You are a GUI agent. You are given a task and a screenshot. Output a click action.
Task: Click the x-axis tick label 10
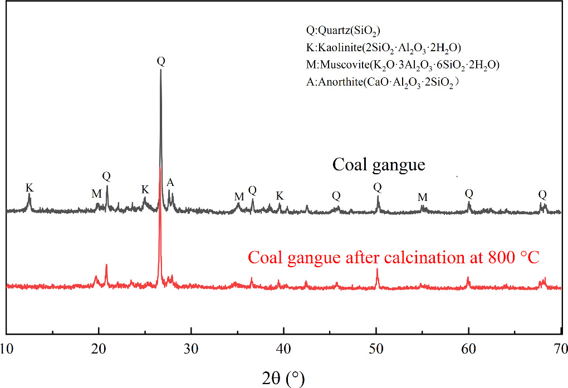(x=7, y=349)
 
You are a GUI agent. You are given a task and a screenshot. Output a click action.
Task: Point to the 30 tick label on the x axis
(x=191, y=349)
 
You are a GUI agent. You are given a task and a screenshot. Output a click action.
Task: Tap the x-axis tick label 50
(x=376, y=349)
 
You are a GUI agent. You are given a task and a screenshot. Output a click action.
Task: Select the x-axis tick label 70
(x=560, y=349)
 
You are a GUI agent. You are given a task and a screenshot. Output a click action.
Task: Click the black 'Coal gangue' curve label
(x=379, y=165)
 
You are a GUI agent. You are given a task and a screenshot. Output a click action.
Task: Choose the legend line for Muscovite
(x=399, y=65)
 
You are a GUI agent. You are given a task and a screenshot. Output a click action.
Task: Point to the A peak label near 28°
(x=170, y=182)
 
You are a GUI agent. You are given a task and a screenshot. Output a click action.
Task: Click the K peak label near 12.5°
(x=30, y=188)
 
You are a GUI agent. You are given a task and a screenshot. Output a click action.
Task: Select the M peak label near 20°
(x=96, y=193)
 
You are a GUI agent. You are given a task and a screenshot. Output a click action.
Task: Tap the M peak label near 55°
(x=423, y=197)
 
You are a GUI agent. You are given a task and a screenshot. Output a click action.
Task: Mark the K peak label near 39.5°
(x=280, y=195)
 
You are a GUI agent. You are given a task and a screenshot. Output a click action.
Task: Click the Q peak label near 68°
(x=542, y=194)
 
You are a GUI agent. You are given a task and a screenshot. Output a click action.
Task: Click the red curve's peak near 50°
(x=377, y=269)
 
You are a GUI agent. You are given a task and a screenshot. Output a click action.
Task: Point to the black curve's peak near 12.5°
(x=30, y=197)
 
